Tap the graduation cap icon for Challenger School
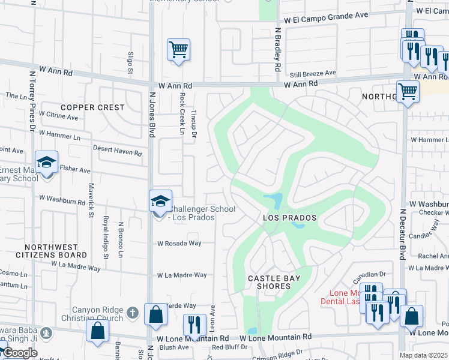pyautogui.click(x=160, y=201)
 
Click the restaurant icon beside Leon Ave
pyautogui.click(x=194, y=325)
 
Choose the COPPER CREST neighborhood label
pyautogui.click(x=92, y=108)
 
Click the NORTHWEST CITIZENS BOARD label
pyautogui.click(x=51, y=251)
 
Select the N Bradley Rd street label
pyautogui.click(x=278, y=49)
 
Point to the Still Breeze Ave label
pyautogui.click(x=313, y=74)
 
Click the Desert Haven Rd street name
pyautogui.click(x=117, y=151)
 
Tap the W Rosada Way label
pyautogui.click(x=179, y=244)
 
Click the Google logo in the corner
pyautogui.click(x=19, y=353)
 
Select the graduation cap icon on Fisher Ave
pyautogui.click(x=46, y=162)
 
